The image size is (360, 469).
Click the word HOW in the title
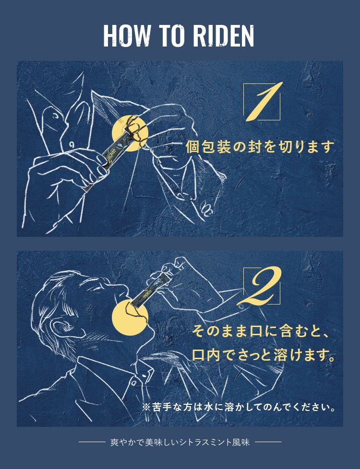[126, 36]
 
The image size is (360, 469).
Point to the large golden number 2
[260, 286]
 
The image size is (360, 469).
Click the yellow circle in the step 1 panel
[130, 133]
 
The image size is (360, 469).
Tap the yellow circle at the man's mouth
[130, 317]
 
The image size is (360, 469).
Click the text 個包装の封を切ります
[259, 147]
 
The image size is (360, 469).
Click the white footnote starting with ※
[239, 407]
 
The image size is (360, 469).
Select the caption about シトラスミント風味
[180, 442]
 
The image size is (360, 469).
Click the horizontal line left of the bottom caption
[92, 442]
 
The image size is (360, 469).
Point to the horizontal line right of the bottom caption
[268, 442]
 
